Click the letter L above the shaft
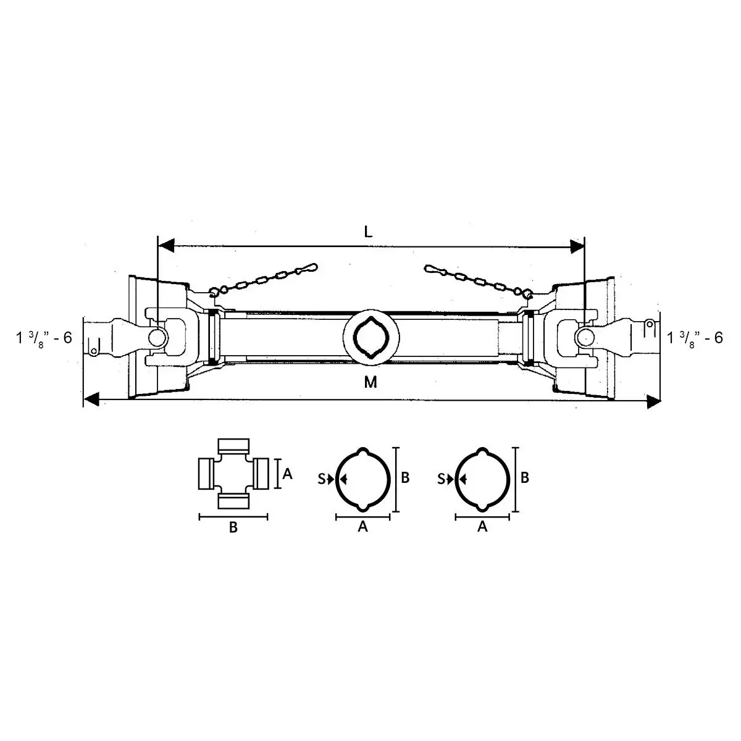click(368, 232)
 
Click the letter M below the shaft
click(371, 382)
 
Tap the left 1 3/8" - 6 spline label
click(44, 338)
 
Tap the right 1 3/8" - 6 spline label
click(695, 338)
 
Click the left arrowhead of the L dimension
click(166, 246)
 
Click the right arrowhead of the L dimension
click(577, 246)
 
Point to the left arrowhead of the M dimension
click(91, 399)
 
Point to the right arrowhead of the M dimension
click(654, 402)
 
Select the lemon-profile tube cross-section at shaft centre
click(371, 337)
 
